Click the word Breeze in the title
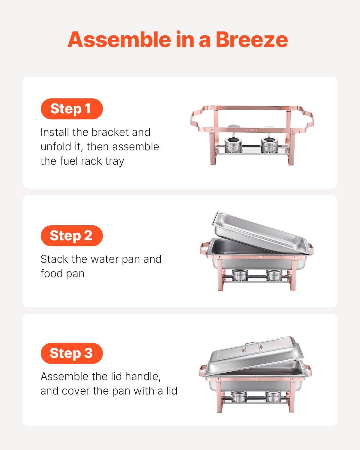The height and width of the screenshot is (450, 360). (x=251, y=40)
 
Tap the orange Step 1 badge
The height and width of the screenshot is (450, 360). (x=71, y=109)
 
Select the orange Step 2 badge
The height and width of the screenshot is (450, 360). (x=71, y=235)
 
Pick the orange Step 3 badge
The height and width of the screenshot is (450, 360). (x=71, y=353)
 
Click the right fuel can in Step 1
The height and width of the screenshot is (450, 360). (x=269, y=145)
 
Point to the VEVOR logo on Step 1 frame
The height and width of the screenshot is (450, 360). (x=252, y=130)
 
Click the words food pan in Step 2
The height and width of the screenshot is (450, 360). (x=62, y=274)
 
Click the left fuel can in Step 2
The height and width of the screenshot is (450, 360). (x=240, y=275)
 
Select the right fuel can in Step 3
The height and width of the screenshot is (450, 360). (x=273, y=396)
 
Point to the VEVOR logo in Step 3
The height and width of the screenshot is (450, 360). (x=255, y=379)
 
